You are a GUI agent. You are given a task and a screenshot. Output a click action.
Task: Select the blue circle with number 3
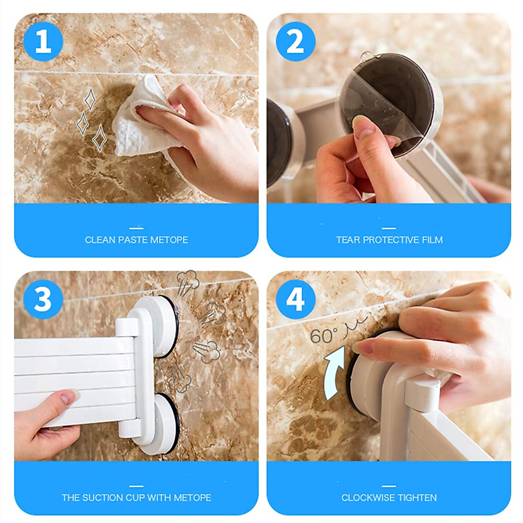(x=43, y=300)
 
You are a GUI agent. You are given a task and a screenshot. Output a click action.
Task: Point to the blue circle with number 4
(x=295, y=300)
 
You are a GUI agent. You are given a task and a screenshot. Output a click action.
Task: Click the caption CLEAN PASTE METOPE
(x=136, y=240)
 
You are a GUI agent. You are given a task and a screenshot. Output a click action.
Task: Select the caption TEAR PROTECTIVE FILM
(x=389, y=240)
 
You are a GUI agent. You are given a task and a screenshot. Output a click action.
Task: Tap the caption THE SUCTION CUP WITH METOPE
(x=136, y=497)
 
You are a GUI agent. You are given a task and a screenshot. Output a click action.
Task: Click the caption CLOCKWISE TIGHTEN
(x=389, y=497)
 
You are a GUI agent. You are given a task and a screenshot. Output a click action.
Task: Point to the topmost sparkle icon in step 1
(x=90, y=99)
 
